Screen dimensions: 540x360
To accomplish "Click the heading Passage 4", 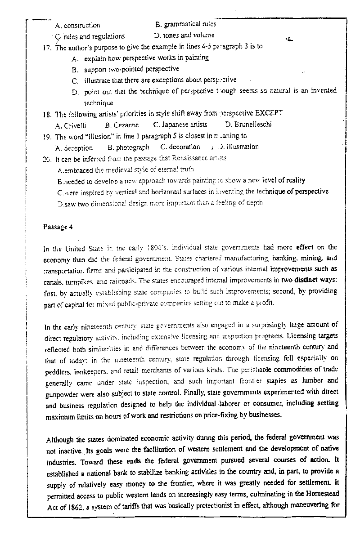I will coord(58,227).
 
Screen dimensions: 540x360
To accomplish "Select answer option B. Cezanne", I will coord(121,125).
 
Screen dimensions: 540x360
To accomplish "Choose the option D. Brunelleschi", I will coord(248,125).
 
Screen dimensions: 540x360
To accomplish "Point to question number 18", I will coord(47,114).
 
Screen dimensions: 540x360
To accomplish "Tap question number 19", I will coord(47,136).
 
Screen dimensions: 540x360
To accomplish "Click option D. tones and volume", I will coord(184,35).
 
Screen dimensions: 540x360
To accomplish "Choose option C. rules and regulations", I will coord(90,36).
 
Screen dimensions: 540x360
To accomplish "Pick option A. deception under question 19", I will coord(74,147).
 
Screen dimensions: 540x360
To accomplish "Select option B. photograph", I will coord(128,147).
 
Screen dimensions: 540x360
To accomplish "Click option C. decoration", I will coord(180,147).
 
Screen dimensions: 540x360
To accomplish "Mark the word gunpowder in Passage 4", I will coord(63,394).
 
